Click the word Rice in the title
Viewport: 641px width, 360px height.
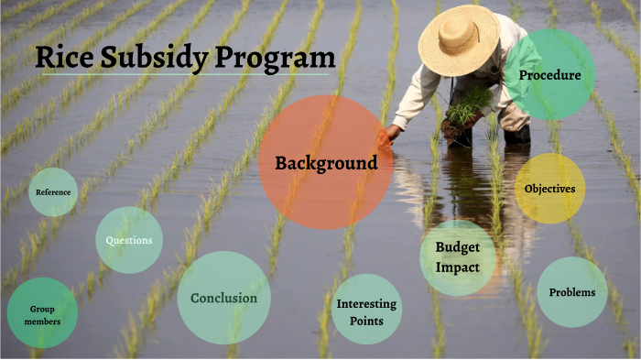click(x=63, y=58)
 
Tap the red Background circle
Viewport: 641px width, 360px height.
click(x=326, y=162)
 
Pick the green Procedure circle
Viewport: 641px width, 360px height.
click(x=549, y=74)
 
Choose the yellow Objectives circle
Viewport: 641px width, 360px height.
click(x=549, y=189)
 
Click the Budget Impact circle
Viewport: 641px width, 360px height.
click(x=458, y=257)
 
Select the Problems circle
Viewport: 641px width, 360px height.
click(x=571, y=292)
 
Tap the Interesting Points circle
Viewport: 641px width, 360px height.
click(x=366, y=310)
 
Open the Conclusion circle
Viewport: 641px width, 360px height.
click(x=223, y=298)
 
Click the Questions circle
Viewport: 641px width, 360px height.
click(x=129, y=240)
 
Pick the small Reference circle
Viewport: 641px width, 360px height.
click(x=53, y=191)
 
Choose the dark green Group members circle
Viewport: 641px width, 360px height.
click(x=42, y=314)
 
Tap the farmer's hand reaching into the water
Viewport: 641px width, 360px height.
click(x=392, y=133)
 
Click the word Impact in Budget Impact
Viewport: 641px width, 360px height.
click(x=458, y=267)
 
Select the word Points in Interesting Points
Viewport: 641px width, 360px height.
click(x=366, y=321)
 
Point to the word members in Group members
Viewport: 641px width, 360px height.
click(x=42, y=322)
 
